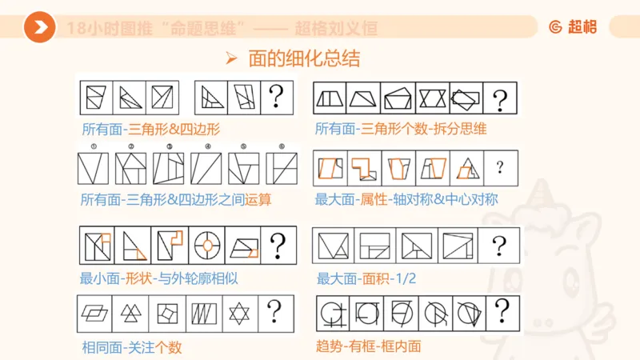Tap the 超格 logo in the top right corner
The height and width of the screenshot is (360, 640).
click(x=572, y=27)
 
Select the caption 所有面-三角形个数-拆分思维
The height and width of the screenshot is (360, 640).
click(x=401, y=129)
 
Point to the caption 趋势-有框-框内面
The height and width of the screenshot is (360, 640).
click(x=369, y=346)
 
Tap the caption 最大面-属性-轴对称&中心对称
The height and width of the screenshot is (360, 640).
click(x=407, y=198)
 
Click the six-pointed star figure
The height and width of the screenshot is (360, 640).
click(x=238, y=310)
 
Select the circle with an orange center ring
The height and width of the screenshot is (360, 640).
click(x=206, y=246)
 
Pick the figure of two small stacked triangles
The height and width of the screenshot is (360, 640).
click(x=130, y=311)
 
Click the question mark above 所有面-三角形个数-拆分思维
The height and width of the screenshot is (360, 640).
click(x=500, y=100)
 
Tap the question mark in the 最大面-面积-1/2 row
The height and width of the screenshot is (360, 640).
click(x=499, y=246)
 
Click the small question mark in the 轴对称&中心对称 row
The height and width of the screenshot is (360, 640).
click(x=500, y=167)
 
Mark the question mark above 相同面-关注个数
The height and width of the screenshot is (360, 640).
click(x=274, y=310)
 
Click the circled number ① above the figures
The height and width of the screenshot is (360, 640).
click(x=94, y=146)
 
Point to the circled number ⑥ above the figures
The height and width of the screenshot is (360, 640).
click(x=281, y=146)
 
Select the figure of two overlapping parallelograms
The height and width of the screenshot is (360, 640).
click(x=94, y=311)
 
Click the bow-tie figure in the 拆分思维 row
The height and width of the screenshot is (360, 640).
click(x=432, y=99)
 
